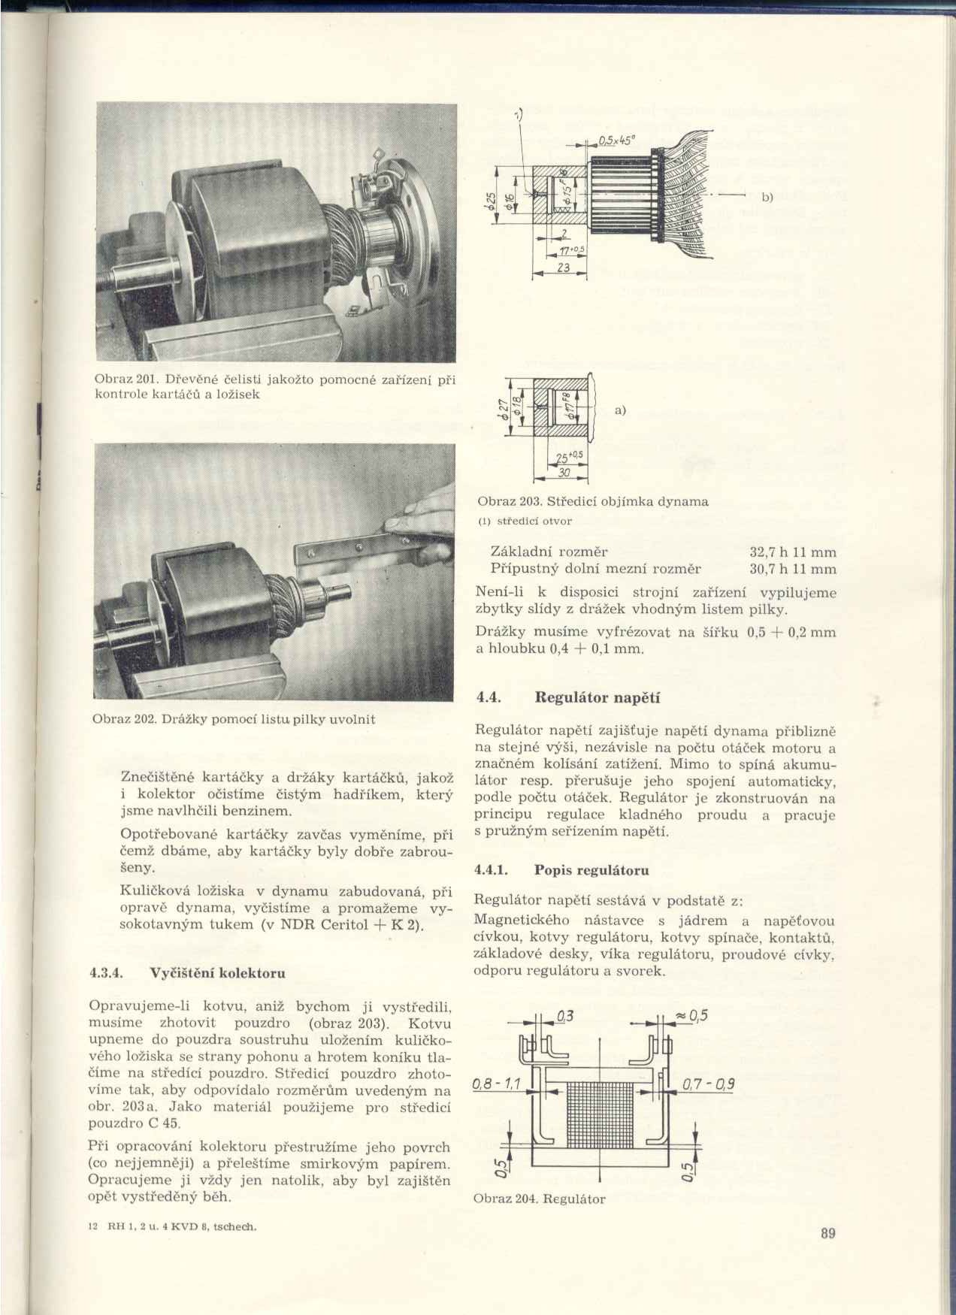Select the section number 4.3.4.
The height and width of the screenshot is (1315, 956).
(105, 972)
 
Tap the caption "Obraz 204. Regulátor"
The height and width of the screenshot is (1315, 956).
(540, 1199)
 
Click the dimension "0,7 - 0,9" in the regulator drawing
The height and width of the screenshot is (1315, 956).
(708, 1084)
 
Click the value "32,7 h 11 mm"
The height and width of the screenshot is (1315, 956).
(793, 552)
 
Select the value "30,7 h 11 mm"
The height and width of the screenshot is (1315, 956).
(793, 569)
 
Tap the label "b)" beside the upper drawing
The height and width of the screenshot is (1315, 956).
(767, 198)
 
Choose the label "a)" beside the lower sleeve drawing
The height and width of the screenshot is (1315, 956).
(620, 410)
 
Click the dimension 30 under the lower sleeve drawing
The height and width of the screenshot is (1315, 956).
(564, 472)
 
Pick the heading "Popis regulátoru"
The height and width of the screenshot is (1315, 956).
(591, 870)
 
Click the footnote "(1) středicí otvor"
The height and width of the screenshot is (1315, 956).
(525, 520)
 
